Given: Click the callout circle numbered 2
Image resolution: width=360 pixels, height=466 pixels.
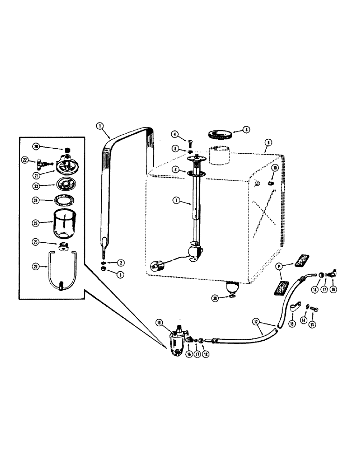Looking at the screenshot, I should [120, 263].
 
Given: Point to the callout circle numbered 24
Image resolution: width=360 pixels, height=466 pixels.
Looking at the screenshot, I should [35, 201].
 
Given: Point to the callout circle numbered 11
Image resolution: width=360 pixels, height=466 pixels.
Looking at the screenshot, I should [279, 267].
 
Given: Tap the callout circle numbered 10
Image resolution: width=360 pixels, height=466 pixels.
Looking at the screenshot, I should [275, 167].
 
